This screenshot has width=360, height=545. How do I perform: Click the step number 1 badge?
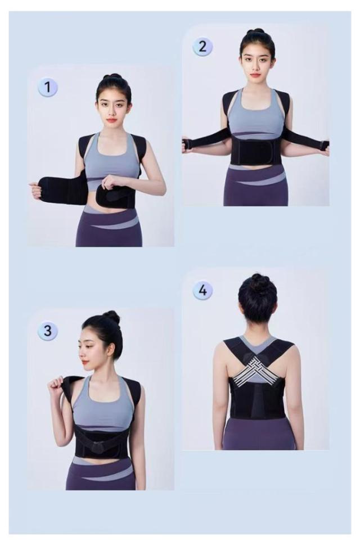(48, 87)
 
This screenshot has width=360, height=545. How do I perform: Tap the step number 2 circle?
(202, 46)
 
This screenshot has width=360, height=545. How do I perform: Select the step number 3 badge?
(48, 330)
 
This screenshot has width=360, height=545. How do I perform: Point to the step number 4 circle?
(202, 290)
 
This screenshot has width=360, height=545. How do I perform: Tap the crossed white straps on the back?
(257, 370)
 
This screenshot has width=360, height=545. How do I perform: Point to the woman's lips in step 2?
(255, 75)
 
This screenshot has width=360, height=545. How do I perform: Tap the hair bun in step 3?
(112, 316)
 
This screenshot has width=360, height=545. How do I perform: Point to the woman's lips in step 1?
(111, 120)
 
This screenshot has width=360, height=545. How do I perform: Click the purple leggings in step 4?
(258, 434)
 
